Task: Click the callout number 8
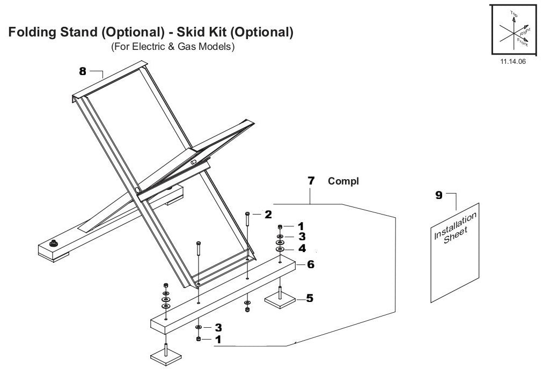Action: tap(83, 71)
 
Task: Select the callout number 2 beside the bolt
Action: tap(268, 215)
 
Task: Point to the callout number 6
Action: tap(310, 264)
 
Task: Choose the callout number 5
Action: tap(310, 298)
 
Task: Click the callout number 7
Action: tap(311, 181)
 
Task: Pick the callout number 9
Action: tap(439, 195)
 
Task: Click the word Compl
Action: tap(343, 181)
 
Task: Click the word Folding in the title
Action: tap(33, 33)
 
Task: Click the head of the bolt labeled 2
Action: tap(247, 214)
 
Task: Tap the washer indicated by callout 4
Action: tap(280, 249)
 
